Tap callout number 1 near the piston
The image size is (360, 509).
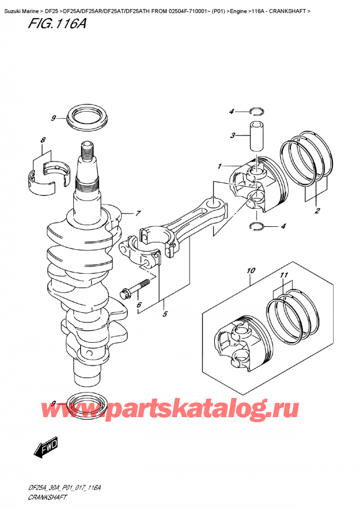pyautogui.click(x=220, y=166)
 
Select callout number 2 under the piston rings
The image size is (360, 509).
pyautogui.click(x=316, y=211)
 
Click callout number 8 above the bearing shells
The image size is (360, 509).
pyautogui.click(x=43, y=141)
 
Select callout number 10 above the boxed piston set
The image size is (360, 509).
pyautogui.click(x=250, y=271)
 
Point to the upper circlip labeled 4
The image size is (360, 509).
pyautogui.click(x=257, y=110)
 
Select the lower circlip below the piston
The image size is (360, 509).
pyautogui.click(x=257, y=226)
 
